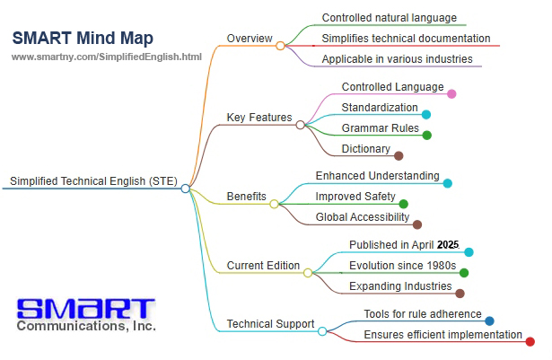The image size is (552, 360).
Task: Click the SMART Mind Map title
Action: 83,39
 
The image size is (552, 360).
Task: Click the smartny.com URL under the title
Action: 106,57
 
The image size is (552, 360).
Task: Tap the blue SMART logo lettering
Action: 86,309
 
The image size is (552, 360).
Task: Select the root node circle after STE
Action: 186,189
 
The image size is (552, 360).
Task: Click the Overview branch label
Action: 250,38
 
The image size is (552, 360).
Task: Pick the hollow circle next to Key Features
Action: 301,125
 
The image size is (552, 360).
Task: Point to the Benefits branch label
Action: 247,197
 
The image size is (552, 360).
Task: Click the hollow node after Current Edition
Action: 308,273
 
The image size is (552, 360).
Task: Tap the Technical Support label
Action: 270,324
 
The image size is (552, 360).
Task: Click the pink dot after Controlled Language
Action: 451,93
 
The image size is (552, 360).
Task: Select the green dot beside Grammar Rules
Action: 426,135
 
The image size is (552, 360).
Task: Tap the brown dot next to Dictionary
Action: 399,155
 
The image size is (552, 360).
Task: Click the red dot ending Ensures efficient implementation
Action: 530,341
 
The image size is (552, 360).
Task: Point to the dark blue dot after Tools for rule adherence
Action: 489,320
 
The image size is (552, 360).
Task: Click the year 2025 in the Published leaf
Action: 448,244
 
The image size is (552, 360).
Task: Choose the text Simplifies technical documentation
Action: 406,38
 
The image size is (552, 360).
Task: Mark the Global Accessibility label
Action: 363,217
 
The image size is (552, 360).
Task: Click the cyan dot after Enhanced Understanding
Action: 448,183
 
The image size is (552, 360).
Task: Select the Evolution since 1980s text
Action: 402,265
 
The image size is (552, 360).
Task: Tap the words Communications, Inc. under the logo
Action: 86,326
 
